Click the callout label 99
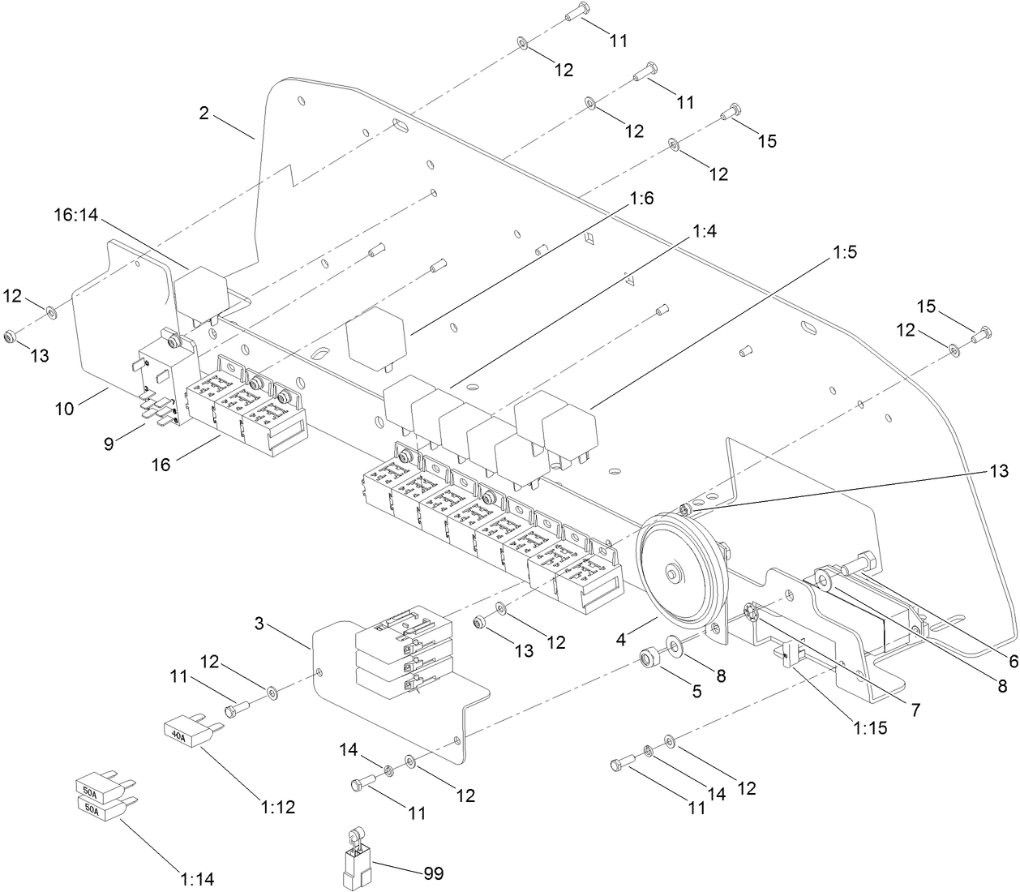pyautogui.click(x=433, y=873)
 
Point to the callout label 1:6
pyautogui.click(x=641, y=198)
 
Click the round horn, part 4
pyautogui.click(x=675, y=572)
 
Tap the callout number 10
pyautogui.click(x=65, y=408)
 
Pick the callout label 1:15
pyautogui.click(x=869, y=727)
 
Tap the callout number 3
pyautogui.click(x=259, y=623)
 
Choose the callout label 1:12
pyautogui.click(x=278, y=807)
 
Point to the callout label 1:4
pyautogui.click(x=705, y=231)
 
